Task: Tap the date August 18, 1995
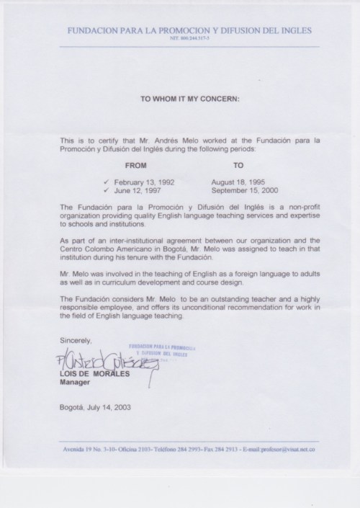coord(240,184)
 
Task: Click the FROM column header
coord(137,165)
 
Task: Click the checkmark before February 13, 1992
coord(107,184)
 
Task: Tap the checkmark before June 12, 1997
coord(107,192)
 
